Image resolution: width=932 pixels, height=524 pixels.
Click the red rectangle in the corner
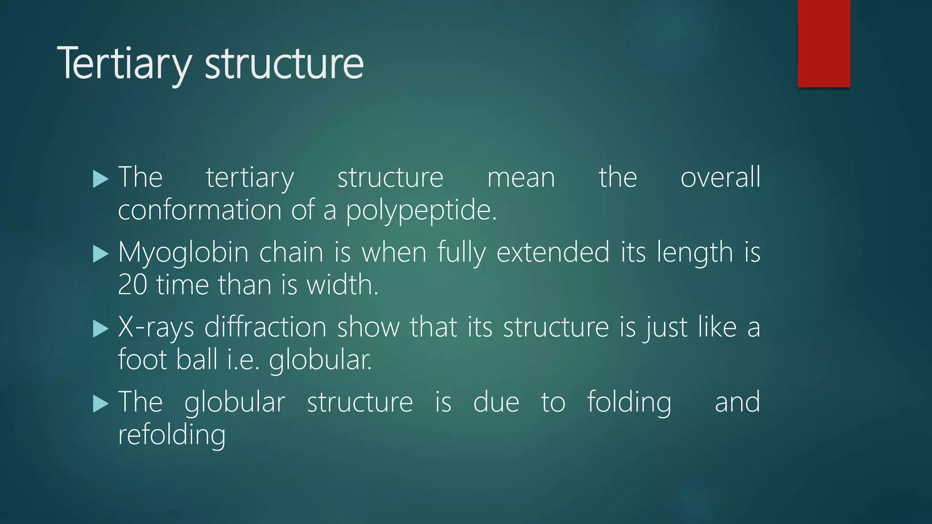pos(824,43)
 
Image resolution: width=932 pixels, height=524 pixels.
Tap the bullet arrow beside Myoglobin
pos(101,254)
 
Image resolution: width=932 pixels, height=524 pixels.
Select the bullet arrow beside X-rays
pos(101,329)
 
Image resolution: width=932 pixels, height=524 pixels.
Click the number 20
pos(132,285)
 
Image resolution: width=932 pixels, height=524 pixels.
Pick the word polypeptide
pos(421,211)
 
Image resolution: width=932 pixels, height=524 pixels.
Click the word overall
pos(720,177)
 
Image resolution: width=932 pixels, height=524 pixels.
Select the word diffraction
pos(265,327)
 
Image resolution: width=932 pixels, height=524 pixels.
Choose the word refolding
pos(172,435)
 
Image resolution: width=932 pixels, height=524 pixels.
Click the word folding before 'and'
pos(629,403)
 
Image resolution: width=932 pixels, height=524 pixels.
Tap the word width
pos(342,285)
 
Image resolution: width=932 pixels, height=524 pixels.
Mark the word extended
pos(552,252)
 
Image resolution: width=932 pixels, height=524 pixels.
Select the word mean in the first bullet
pos(521,178)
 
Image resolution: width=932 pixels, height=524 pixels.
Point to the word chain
pos(291,252)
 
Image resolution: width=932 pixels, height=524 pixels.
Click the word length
pos(694,252)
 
